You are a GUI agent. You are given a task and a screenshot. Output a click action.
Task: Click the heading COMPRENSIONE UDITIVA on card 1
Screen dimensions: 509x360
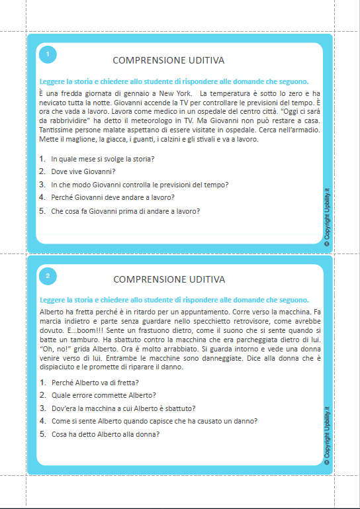pos(169,60)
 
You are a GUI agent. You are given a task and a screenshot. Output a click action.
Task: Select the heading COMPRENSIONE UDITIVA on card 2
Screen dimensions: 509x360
pos(169,279)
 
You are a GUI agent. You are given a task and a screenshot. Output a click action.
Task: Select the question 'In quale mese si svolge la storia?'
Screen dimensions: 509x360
pos(103,159)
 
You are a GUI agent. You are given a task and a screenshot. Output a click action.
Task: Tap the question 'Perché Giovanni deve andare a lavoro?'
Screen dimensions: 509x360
pos(112,197)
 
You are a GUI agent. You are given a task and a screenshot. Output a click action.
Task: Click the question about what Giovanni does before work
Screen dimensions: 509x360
pos(125,211)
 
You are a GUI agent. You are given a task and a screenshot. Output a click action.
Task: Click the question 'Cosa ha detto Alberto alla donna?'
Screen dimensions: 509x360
pos(105,434)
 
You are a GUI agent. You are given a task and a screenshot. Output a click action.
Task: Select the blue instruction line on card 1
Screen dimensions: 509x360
pos(174,82)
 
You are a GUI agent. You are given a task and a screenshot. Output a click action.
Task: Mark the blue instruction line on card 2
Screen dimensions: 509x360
pos(174,300)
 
